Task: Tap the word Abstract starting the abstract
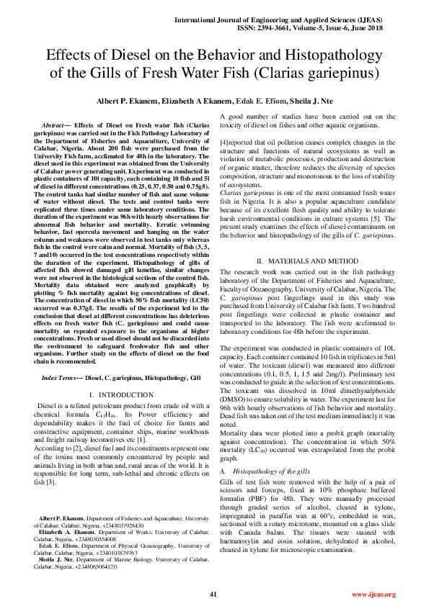(56, 126)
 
